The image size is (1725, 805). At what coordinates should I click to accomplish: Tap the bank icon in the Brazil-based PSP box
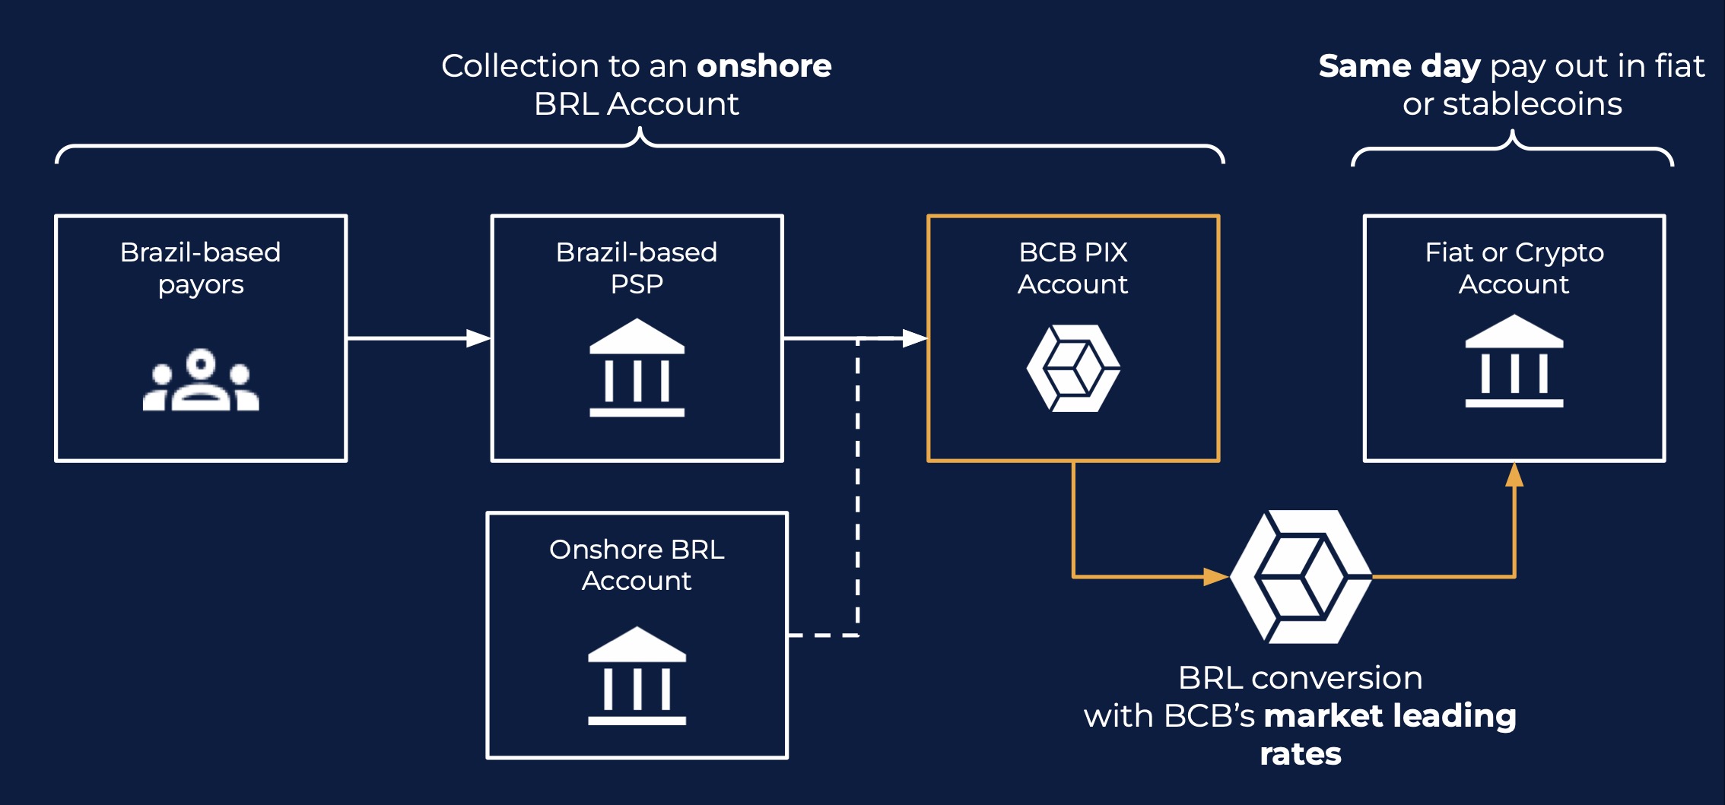637,368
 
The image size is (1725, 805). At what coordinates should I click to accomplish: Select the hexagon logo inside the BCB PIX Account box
1073,369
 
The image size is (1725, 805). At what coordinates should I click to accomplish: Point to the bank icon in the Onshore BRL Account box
637,676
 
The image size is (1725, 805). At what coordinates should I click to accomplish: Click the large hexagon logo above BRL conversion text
1301,577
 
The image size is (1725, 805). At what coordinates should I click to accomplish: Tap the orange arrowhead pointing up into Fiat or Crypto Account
1514,476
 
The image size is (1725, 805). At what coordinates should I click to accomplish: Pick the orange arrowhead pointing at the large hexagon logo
1215,577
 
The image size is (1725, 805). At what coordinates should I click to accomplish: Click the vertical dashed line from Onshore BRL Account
858,486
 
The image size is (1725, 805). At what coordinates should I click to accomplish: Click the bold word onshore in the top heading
764,66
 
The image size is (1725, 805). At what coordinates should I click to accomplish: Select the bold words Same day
1399,66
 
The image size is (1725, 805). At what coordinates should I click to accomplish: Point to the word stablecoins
1532,104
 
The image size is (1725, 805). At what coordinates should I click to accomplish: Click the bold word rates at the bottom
1301,754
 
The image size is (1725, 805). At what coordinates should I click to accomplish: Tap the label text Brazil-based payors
201,268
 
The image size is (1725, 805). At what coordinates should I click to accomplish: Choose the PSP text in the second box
637,284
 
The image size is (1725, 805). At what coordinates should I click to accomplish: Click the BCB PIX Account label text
1073,268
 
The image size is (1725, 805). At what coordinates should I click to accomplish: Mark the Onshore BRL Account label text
637,565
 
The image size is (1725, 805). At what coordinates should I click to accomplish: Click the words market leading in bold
1390,716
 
